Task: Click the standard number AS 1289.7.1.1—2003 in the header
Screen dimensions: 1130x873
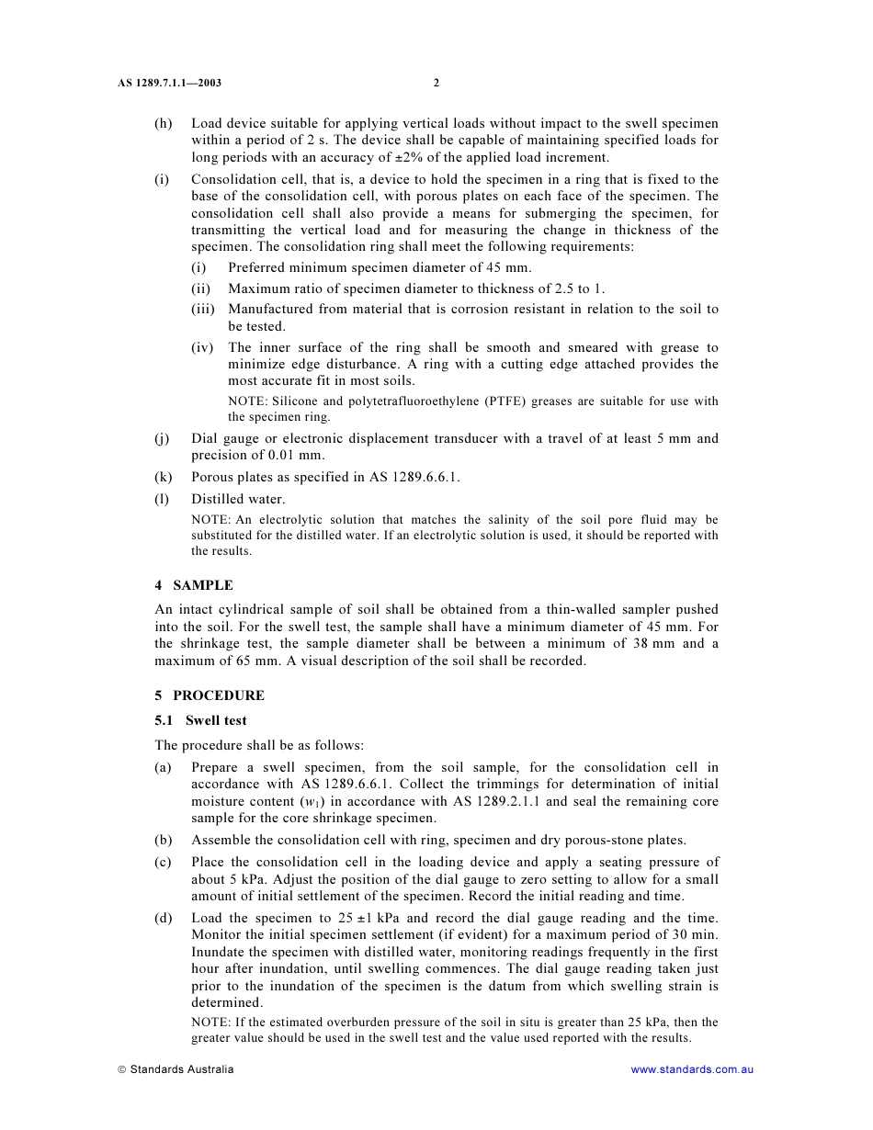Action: click(169, 83)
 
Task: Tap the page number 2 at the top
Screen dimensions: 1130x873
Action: click(436, 83)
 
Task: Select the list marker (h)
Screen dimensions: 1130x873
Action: click(163, 123)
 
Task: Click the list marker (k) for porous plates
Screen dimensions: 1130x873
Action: click(163, 477)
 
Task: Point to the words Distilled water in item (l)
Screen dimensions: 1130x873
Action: click(238, 499)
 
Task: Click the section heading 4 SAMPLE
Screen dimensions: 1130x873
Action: click(193, 585)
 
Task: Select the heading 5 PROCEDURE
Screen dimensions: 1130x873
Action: click(209, 695)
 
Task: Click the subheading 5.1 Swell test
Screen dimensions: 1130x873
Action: click(200, 720)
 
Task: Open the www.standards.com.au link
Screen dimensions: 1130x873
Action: click(692, 1069)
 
